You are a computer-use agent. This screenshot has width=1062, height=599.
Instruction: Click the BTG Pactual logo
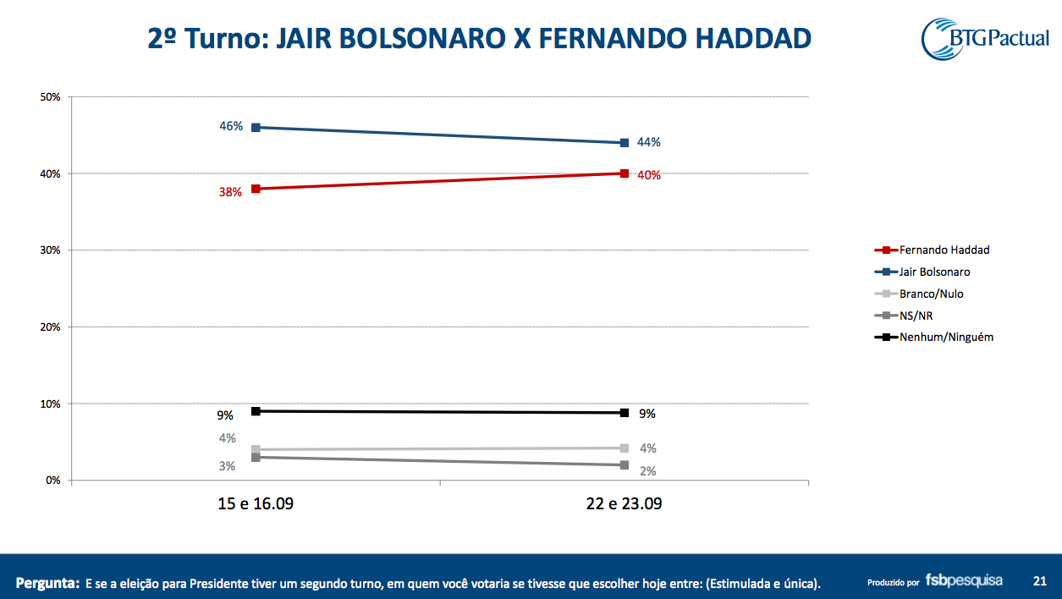(x=985, y=39)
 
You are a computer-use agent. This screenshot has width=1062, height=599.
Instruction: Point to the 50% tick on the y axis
(x=50, y=97)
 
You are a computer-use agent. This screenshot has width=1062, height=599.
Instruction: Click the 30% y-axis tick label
(x=50, y=250)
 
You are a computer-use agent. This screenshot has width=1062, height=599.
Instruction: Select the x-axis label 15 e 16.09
(x=256, y=504)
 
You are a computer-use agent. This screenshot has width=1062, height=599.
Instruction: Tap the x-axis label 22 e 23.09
(x=624, y=504)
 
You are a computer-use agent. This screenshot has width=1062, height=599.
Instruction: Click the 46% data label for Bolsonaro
(x=231, y=127)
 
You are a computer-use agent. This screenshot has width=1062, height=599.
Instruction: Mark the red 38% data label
(x=230, y=192)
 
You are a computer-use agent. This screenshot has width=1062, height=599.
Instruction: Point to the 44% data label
(x=648, y=142)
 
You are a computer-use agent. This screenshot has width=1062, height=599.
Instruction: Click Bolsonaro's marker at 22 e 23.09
(x=625, y=143)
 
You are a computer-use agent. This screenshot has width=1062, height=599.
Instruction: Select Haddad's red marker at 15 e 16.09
(x=256, y=189)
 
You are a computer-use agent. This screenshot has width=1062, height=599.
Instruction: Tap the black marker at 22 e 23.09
(x=625, y=413)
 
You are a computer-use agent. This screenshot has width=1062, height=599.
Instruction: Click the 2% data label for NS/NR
(x=648, y=471)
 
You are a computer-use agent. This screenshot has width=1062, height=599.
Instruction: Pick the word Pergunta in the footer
(x=47, y=583)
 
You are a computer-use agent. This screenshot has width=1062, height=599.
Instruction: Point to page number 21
(x=1040, y=581)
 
